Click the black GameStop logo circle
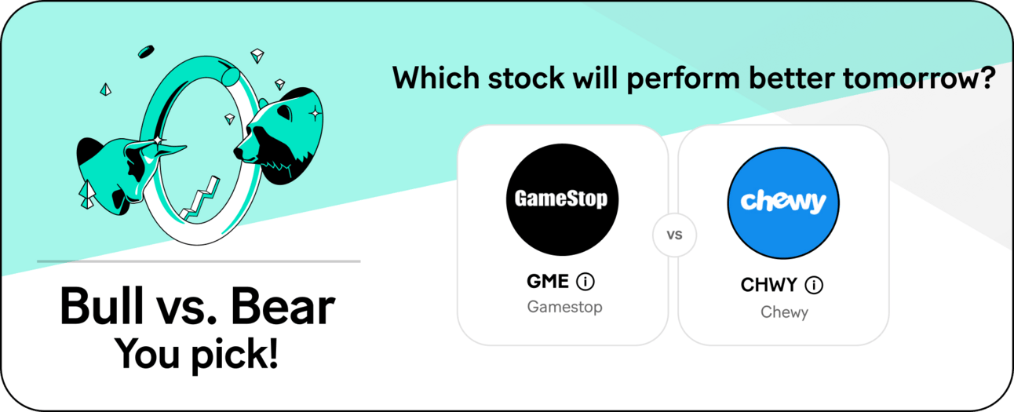coord(562,199)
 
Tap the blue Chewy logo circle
coord(783,202)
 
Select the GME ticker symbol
coord(548,281)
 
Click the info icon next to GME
coord(585,281)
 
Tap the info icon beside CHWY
coord(814,285)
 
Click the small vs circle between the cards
coord(674,235)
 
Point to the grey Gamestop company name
coord(564,307)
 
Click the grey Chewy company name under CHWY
coord(784,312)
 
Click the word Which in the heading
coord(436,78)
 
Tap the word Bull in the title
coord(101,306)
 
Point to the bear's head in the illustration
coord(279,136)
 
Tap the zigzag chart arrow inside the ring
coord(200,199)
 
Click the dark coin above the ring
coord(146,52)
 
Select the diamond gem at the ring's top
coord(257,56)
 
